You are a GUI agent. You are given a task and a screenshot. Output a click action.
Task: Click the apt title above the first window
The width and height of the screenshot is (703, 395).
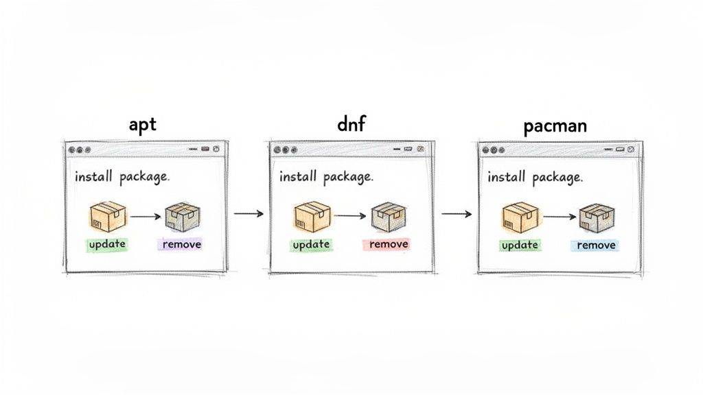point(143,125)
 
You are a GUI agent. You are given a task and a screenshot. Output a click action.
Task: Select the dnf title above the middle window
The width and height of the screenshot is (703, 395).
point(351,123)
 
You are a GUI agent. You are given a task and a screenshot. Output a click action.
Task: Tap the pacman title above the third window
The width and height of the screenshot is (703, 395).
point(555,126)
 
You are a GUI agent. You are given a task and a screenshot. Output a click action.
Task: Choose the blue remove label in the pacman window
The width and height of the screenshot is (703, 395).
point(596,245)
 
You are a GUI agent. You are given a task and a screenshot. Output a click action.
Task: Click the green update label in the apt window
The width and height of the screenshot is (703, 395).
point(107,245)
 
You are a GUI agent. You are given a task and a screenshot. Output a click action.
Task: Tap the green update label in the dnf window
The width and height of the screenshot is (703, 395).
point(311,245)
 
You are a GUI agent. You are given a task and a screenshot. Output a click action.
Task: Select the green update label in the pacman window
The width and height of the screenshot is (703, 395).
point(520,246)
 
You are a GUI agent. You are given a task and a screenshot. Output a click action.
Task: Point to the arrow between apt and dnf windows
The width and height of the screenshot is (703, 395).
point(249,214)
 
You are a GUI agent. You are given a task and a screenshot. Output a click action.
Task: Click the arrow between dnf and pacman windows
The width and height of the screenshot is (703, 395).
point(457,214)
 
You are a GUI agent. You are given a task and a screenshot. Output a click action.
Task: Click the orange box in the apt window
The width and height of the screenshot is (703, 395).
point(108,217)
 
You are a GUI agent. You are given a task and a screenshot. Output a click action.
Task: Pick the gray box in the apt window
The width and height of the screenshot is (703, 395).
point(183,217)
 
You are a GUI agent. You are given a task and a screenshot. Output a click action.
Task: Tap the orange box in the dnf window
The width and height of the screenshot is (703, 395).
point(312,217)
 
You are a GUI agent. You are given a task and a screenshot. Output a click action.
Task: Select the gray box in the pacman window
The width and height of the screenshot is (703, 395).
point(597,218)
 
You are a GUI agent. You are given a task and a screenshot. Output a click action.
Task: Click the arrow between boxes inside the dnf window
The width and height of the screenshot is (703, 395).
point(351,216)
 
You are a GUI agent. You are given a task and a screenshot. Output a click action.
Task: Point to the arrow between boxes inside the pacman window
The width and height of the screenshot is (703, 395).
point(560,217)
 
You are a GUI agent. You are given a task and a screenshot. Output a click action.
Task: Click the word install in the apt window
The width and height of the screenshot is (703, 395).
point(93,176)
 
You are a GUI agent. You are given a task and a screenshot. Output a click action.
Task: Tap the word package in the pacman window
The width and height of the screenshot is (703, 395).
point(557,178)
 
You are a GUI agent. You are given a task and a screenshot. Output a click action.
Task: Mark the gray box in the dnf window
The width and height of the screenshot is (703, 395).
point(389,217)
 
